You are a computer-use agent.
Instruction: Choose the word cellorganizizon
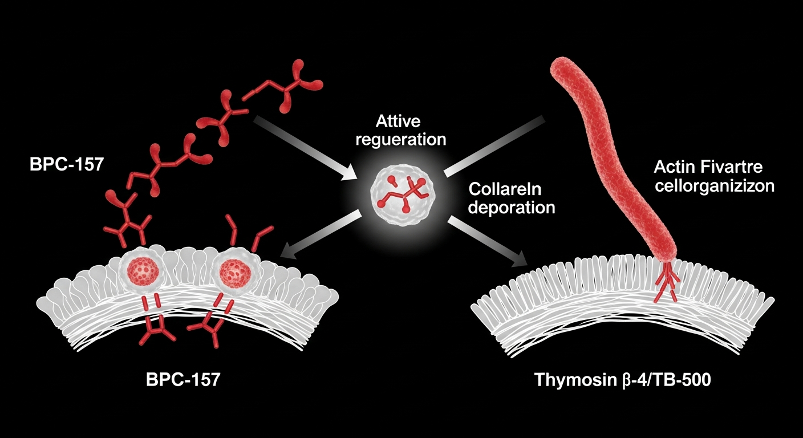pos(714,186)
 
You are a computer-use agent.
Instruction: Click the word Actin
pos(673,168)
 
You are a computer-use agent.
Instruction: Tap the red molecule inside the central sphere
pos(403,190)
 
